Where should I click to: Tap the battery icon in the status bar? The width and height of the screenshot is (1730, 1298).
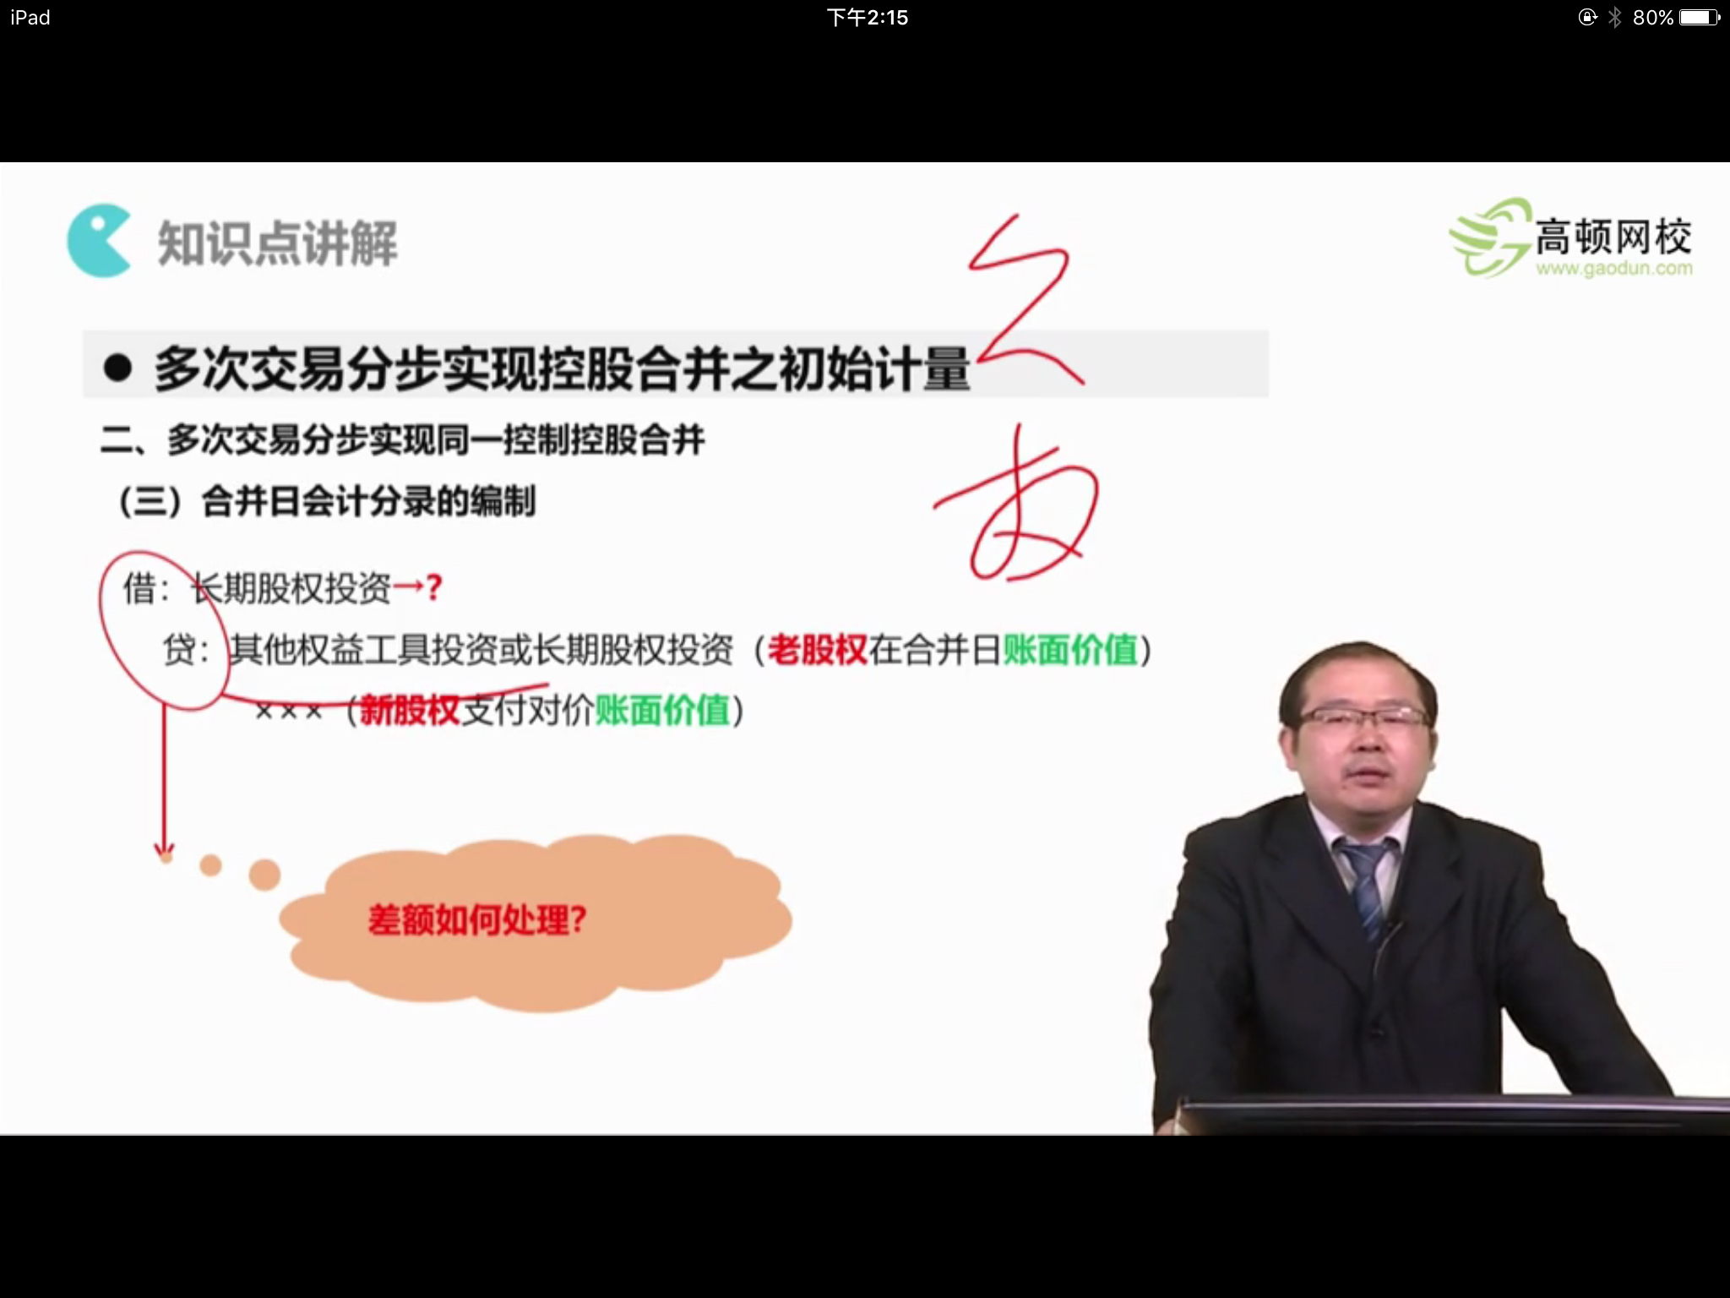(1699, 18)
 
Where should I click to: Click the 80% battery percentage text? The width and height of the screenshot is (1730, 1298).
(1652, 18)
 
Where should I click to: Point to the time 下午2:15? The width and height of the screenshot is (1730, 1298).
(867, 18)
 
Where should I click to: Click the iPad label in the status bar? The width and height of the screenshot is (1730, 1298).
(30, 18)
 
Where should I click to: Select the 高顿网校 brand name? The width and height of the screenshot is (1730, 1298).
(1612, 237)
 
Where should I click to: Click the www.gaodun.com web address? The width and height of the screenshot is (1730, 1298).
(1613, 270)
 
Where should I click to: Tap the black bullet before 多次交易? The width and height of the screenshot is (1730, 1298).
(117, 368)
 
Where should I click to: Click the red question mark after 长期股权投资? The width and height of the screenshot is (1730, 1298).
(434, 587)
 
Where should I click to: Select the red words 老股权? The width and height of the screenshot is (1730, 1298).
(817, 650)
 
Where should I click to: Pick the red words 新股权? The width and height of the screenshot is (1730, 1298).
(410, 710)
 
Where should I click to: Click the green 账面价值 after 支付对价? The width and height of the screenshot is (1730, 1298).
(662, 710)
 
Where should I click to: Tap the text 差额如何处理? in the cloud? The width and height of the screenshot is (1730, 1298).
(477, 919)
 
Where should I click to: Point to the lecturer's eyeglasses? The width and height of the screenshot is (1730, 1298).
(1362, 719)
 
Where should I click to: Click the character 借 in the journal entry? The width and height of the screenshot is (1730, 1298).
(140, 587)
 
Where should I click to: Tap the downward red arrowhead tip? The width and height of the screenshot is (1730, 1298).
(165, 852)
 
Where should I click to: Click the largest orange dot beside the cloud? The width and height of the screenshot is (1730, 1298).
(264, 874)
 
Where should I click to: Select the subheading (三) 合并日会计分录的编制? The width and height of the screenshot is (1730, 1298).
(328, 502)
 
